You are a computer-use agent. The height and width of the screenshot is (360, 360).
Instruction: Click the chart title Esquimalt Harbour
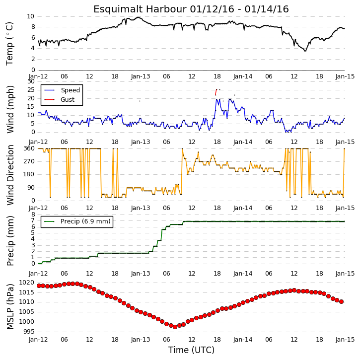tap(140, 9)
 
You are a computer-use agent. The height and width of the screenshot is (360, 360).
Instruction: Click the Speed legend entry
tap(62, 90)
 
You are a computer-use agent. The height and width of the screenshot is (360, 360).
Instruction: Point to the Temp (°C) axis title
tap(9, 44)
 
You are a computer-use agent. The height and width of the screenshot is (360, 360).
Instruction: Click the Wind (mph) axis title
tap(10, 109)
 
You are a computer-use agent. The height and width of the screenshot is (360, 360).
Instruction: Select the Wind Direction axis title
tap(10, 175)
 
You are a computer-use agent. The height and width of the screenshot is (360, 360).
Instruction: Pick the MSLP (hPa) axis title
tap(10, 306)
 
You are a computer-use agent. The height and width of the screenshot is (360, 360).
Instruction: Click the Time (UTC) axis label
tap(191, 350)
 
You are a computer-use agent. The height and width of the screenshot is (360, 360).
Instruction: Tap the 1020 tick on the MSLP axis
tap(26, 283)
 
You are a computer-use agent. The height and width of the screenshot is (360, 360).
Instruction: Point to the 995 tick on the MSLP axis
tap(28, 332)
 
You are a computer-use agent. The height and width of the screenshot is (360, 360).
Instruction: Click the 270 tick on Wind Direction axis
tap(29, 161)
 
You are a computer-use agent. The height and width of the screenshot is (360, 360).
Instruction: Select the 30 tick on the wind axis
tap(31, 81)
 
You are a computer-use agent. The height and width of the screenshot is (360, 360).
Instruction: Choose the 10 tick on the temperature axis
tap(30, 16)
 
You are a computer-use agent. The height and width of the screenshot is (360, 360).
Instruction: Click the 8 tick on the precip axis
tap(33, 215)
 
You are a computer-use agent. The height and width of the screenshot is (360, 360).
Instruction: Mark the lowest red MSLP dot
tap(175, 327)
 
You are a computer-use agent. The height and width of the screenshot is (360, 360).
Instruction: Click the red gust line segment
tap(216, 92)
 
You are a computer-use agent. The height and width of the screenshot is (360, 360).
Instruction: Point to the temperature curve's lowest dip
tap(305, 51)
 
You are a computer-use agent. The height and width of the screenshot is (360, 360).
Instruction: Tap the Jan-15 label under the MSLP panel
tap(345, 339)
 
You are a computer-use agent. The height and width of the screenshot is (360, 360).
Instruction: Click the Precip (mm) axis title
tap(10, 241)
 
